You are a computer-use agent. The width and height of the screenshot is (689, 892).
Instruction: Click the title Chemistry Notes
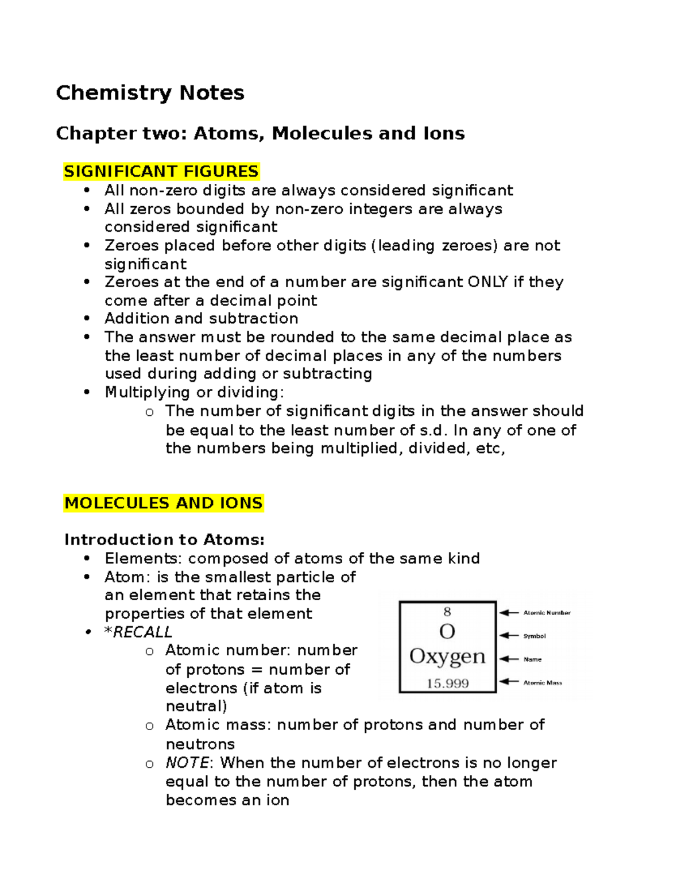(150, 92)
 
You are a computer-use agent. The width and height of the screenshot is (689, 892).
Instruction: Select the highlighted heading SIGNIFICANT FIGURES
(161, 171)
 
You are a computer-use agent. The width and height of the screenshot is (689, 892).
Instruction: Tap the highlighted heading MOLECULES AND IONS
(164, 503)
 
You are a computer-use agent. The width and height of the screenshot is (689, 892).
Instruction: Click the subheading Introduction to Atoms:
(164, 540)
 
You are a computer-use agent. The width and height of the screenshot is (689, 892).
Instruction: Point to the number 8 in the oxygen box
(447, 612)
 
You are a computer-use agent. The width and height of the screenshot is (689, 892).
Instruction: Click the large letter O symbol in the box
(447, 632)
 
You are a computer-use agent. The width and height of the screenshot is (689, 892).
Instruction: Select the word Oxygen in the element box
(447, 657)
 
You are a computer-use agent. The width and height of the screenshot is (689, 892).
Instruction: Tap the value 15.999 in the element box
(447, 684)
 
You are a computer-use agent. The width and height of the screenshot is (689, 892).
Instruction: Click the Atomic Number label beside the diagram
(547, 613)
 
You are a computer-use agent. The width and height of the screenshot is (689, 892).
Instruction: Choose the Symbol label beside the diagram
(535, 636)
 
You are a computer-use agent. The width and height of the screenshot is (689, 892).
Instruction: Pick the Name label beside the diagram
(532, 659)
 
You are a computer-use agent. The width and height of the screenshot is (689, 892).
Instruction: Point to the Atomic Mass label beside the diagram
(543, 683)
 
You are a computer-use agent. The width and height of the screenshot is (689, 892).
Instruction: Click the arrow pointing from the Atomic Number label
(509, 613)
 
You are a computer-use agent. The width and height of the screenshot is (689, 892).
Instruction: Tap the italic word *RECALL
(138, 632)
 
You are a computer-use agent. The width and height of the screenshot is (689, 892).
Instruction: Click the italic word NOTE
(187, 763)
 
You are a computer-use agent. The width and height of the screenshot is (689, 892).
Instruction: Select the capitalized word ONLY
(487, 282)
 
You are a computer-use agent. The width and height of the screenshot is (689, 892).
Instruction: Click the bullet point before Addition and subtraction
(87, 318)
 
